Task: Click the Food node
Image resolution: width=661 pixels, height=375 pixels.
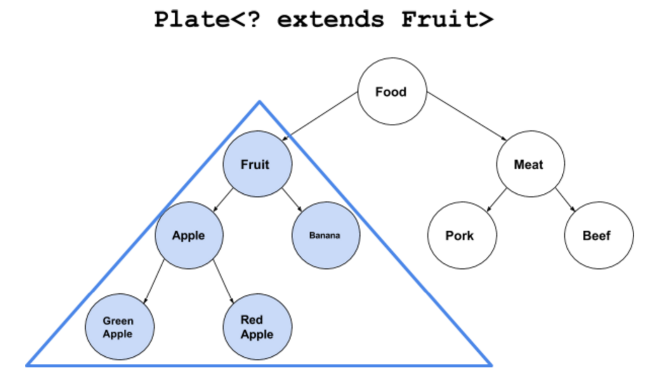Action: (x=392, y=91)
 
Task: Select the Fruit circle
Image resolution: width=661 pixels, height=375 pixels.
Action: (x=257, y=164)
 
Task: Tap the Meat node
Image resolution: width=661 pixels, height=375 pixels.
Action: (x=530, y=164)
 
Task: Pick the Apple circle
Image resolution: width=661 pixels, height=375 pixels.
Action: (x=189, y=235)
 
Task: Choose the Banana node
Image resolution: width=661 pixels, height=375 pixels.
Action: (x=326, y=235)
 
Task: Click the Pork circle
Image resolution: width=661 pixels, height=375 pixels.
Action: (x=462, y=235)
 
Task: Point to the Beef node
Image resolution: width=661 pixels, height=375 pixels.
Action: (x=599, y=235)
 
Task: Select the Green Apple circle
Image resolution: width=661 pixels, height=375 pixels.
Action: (x=120, y=327)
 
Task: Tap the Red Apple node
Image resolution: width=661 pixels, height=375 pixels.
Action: (x=257, y=327)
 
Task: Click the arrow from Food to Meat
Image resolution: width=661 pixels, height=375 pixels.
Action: (x=466, y=116)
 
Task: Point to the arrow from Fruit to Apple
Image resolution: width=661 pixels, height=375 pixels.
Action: (x=223, y=200)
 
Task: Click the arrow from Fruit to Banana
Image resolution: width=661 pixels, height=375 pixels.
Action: (x=292, y=200)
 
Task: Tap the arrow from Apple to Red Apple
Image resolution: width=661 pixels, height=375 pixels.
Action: (x=223, y=281)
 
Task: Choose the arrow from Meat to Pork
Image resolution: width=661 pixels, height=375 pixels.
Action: (x=496, y=200)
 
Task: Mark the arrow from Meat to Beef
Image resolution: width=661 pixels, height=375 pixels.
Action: (x=565, y=200)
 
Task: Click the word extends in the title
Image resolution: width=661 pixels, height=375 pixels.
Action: (x=330, y=20)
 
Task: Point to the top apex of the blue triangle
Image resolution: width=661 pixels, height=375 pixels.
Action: (x=259, y=101)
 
